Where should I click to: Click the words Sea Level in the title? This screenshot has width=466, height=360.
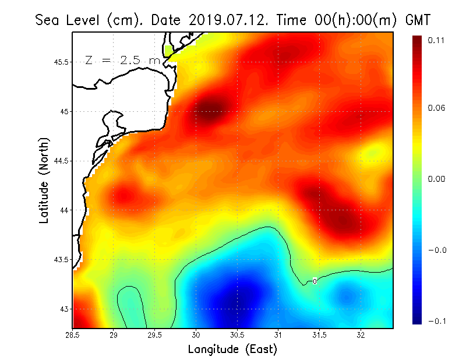69,20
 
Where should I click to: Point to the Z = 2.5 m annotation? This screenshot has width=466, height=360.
122,61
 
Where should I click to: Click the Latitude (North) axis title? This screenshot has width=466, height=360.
44,180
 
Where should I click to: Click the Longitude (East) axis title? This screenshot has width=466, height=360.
232,350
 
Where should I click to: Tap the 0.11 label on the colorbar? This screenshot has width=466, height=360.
437,40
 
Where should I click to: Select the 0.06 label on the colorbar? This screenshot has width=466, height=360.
437,108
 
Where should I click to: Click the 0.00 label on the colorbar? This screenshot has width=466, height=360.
437,179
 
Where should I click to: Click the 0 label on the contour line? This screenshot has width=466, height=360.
315,281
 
